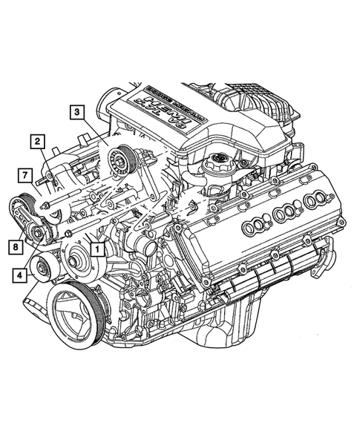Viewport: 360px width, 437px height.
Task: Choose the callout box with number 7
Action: pyautogui.click(x=24, y=176)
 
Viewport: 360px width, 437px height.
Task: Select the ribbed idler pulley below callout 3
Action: pyautogui.click(x=118, y=159)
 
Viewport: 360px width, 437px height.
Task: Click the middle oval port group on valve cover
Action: pyautogui.click(x=287, y=214)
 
